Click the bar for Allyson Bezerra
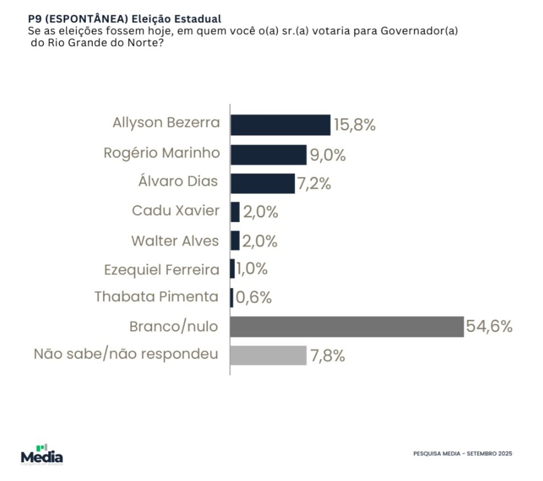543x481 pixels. (x=280, y=125)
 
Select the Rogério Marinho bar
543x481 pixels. (x=268, y=154)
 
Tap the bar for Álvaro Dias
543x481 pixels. (x=262, y=183)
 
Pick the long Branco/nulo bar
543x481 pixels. (x=347, y=327)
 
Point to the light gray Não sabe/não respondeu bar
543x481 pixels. (x=268, y=355)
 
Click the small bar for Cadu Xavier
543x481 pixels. (x=235, y=212)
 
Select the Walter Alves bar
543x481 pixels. (x=235, y=241)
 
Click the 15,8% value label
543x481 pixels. (x=354, y=125)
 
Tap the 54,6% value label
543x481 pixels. (x=489, y=327)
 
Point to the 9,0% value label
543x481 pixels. (x=328, y=155)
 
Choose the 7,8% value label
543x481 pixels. (x=327, y=356)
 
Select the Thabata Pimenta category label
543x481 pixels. (x=156, y=297)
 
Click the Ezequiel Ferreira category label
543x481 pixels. (x=161, y=269)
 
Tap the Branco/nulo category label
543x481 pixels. (x=174, y=327)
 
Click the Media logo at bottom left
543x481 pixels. (x=42, y=455)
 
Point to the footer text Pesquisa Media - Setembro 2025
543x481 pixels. (x=463, y=453)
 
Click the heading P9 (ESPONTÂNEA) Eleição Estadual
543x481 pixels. (x=124, y=19)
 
